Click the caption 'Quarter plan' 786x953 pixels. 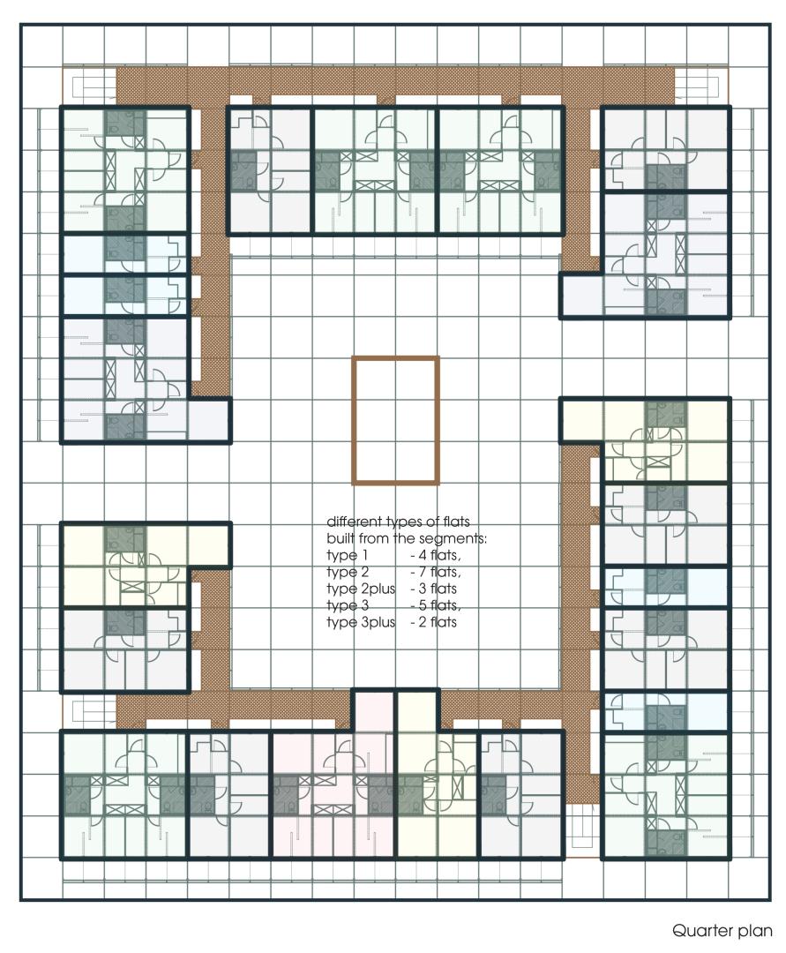[722, 931]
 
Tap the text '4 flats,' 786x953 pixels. [436, 555]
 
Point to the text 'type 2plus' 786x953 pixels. [361, 589]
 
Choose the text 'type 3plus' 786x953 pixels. [361, 622]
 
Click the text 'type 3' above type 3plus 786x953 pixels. [348, 606]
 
